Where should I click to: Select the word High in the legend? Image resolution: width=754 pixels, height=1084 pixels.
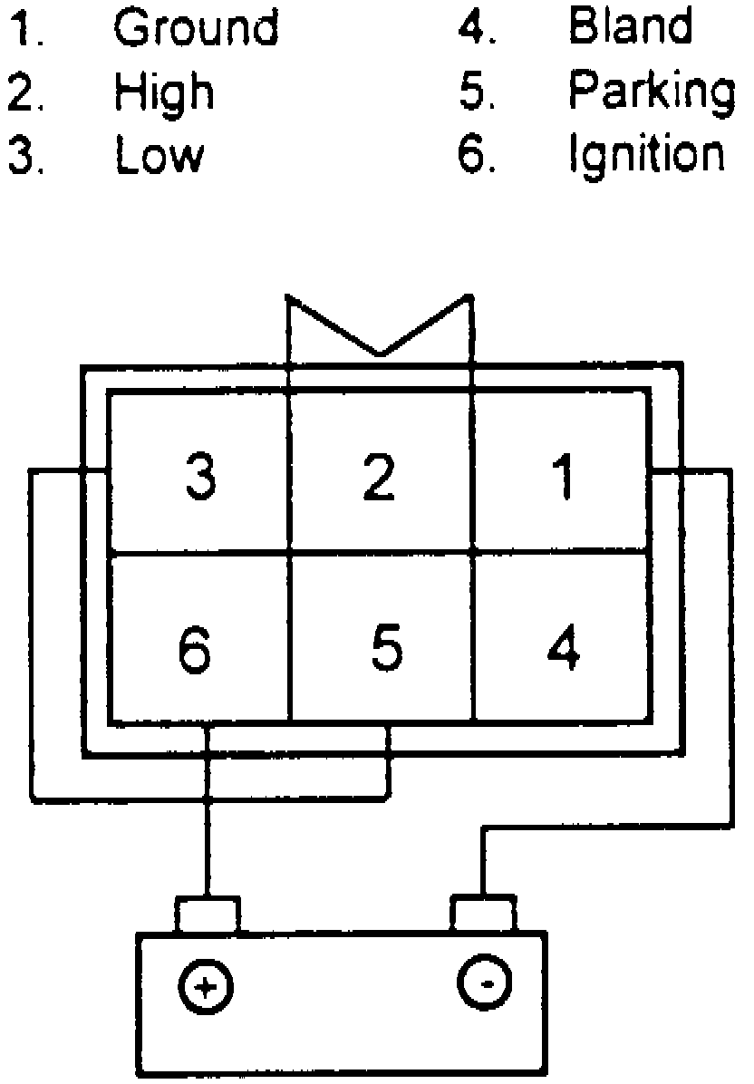tap(164, 92)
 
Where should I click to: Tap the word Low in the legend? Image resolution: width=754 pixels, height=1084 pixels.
tap(159, 155)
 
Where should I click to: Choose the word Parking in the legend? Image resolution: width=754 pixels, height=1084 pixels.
tap(652, 92)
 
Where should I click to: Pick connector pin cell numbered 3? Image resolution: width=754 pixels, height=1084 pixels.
tap(199, 475)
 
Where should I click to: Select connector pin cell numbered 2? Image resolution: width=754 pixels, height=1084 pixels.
tap(381, 475)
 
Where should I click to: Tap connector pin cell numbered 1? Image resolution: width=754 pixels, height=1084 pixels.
tap(563, 475)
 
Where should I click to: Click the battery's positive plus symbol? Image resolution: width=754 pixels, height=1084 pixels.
tap(207, 986)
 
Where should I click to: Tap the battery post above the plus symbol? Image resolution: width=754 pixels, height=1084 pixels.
tap(208, 914)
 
